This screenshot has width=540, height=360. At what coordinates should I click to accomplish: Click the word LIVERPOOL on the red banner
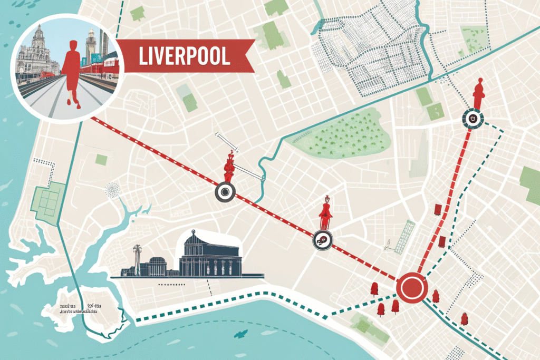[184, 56]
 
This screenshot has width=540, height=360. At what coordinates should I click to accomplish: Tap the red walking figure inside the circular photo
[72, 72]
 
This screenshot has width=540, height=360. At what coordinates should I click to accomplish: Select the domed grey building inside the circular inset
[33, 53]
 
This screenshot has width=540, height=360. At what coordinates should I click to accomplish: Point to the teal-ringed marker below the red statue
[472, 119]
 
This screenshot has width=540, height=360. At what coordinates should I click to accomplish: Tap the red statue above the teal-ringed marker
[478, 94]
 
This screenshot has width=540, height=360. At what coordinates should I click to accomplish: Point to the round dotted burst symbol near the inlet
[112, 188]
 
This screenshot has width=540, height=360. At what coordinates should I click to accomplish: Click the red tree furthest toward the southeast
[464, 318]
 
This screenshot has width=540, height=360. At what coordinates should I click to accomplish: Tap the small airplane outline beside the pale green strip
[387, 245]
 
